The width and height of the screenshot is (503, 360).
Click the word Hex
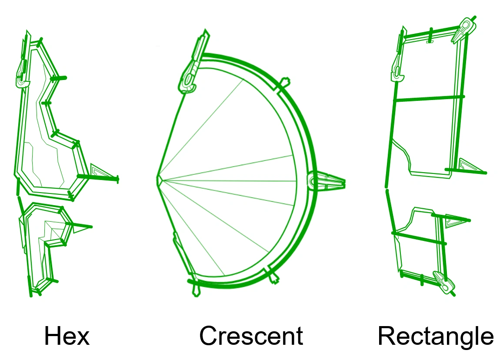click(x=67, y=337)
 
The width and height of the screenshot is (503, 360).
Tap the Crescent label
click(x=251, y=337)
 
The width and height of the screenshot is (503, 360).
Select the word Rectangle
click(x=436, y=337)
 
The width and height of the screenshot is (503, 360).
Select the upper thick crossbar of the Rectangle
click(x=429, y=98)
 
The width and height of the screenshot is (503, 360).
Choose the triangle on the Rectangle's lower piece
click(x=454, y=220)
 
